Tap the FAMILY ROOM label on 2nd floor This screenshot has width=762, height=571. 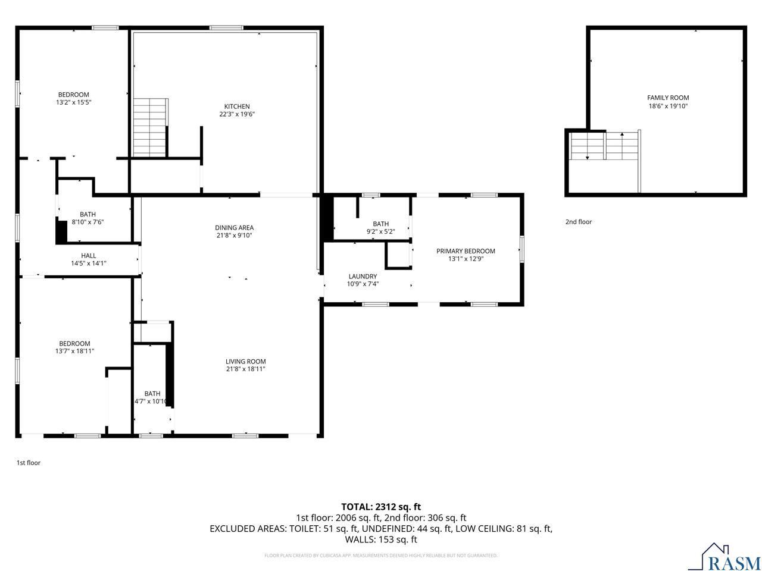(x=668, y=98)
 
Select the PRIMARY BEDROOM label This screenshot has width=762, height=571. (x=466, y=251)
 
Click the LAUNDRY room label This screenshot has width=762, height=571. (x=363, y=276)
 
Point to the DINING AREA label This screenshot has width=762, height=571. (x=234, y=227)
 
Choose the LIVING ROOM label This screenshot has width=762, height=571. (x=245, y=361)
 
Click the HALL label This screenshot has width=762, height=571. (x=89, y=256)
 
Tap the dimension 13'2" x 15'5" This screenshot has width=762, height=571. (x=74, y=102)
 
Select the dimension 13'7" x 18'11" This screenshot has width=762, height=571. (x=74, y=351)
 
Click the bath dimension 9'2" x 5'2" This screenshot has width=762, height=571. (x=381, y=232)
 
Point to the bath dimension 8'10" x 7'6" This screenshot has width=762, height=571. (x=88, y=222)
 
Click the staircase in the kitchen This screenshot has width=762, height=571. (x=149, y=128)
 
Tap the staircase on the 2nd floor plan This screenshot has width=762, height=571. (x=604, y=146)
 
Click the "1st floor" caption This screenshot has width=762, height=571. (x=28, y=462)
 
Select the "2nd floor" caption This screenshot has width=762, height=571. (x=579, y=222)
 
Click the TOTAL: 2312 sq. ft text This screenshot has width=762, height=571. (x=381, y=507)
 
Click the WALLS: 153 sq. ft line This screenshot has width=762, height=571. (x=381, y=539)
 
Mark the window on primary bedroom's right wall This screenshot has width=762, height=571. (x=522, y=249)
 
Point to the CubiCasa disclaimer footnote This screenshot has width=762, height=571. (x=381, y=556)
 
